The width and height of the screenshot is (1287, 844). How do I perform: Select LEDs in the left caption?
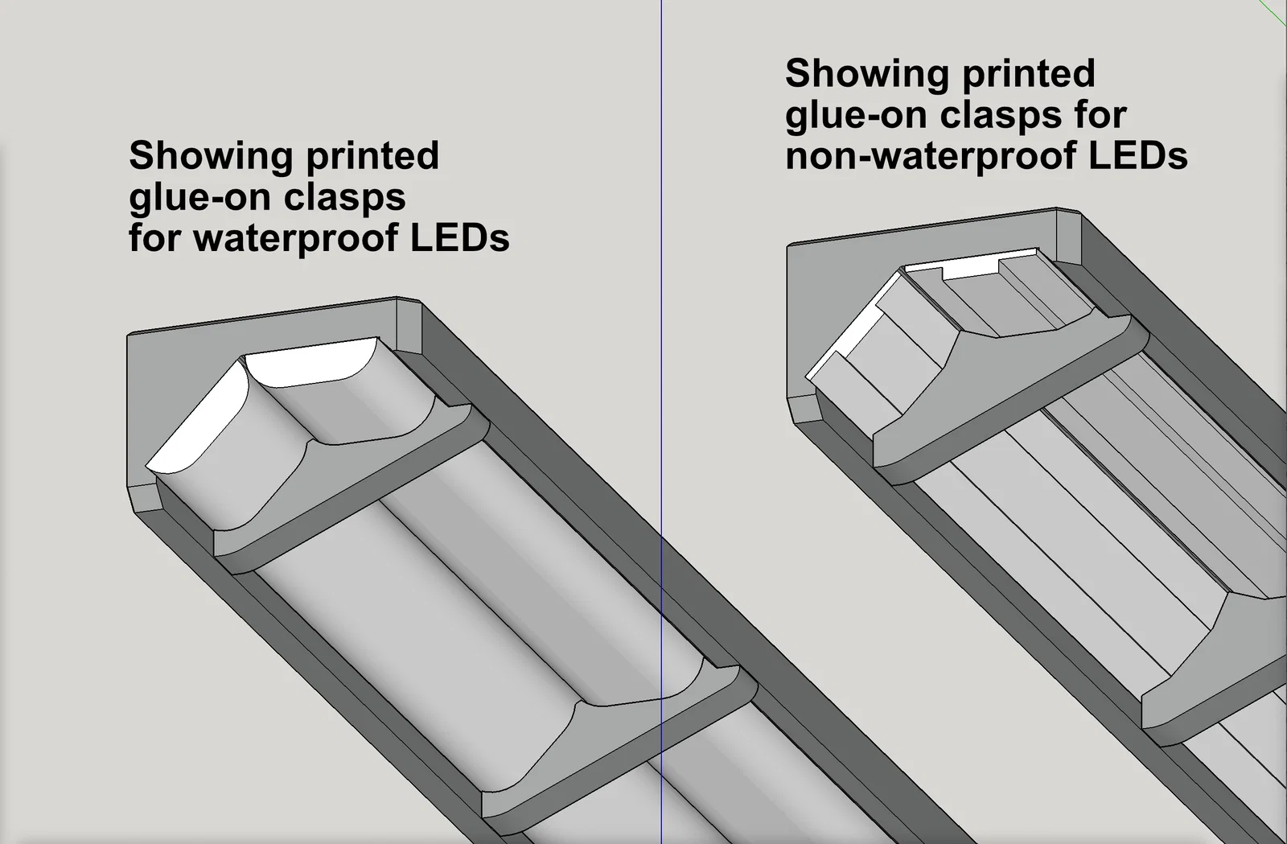tap(460, 238)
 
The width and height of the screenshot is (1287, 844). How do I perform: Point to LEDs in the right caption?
tap(1138, 155)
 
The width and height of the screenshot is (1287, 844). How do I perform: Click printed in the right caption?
tap(1029, 74)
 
